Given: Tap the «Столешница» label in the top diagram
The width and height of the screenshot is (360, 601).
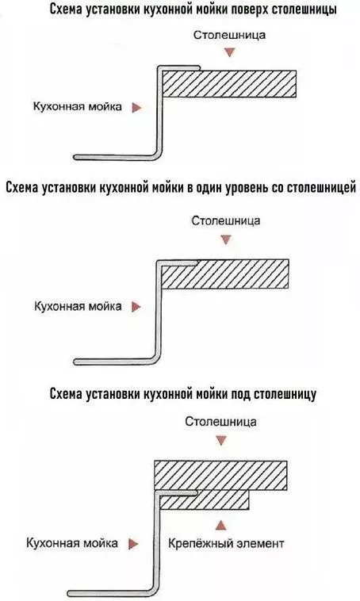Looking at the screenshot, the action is click(229, 35).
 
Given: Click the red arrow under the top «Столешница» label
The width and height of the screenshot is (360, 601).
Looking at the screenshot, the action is click(230, 52).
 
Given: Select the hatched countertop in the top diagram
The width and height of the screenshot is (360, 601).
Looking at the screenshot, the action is click(229, 83).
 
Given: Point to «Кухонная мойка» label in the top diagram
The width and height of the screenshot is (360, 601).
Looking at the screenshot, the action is click(78, 106).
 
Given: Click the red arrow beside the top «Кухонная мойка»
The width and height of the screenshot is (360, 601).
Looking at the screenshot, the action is click(136, 108).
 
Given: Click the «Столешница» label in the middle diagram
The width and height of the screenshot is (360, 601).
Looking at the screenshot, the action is click(226, 221).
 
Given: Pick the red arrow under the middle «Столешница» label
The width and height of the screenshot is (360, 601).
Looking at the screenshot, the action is click(226, 240).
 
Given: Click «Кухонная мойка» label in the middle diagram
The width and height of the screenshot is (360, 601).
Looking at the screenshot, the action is click(79, 306).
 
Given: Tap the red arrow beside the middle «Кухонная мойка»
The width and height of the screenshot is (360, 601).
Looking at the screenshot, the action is click(136, 307).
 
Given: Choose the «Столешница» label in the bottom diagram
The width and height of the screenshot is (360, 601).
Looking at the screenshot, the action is click(220, 422).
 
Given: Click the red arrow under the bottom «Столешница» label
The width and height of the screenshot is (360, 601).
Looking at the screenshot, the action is click(220, 440).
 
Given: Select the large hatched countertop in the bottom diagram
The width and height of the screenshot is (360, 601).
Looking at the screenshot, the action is click(220, 475).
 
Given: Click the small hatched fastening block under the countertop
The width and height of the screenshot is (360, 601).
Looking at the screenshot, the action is click(205, 500).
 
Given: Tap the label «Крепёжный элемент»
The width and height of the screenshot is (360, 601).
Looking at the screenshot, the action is click(226, 543).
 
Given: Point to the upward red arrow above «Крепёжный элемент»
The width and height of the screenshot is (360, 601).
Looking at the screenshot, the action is click(220, 525).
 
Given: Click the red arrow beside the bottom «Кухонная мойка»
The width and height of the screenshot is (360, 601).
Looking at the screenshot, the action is click(133, 544).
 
